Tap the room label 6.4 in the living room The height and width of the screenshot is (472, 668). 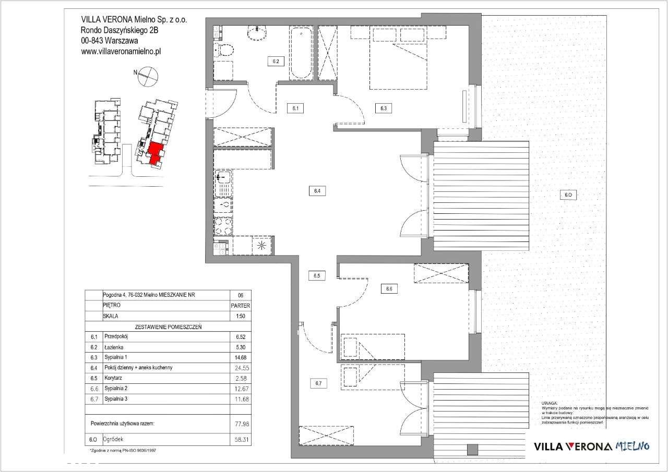pos(317,191)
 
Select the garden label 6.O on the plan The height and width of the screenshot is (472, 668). pos(568,195)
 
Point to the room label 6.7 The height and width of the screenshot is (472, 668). pos(317,384)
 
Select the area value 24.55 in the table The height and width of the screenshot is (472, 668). pos(240,368)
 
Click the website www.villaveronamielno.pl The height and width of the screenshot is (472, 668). pos(121,52)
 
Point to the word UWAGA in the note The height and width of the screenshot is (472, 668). pos(549,403)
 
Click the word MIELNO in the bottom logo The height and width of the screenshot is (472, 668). pos(633,446)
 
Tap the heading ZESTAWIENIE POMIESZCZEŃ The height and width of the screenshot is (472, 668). pos(168,327)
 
